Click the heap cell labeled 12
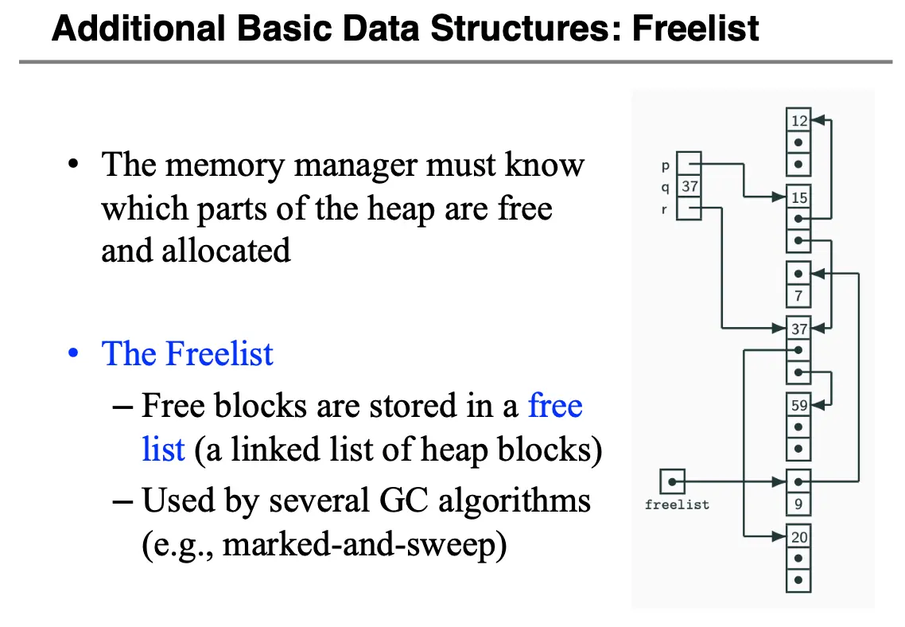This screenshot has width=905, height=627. click(x=798, y=121)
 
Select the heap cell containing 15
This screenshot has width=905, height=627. click(x=798, y=197)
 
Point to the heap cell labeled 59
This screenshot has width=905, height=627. click(x=798, y=405)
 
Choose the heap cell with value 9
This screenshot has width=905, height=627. click(x=798, y=504)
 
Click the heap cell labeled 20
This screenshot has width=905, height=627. click(x=798, y=537)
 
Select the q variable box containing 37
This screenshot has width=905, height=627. click(x=689, y=187)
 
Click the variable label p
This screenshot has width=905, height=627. click(x=665, y=166)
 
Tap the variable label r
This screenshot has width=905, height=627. click(x=665, y=209)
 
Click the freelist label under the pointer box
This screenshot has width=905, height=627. click(x=677, y=504)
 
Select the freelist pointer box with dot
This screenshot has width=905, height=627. click(x=673, y=481)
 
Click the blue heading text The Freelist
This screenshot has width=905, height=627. click(x=188, y=354)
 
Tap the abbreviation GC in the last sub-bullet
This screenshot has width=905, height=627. click(x=402, y=500)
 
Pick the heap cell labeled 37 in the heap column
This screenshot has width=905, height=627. click(x=798, y=329)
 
